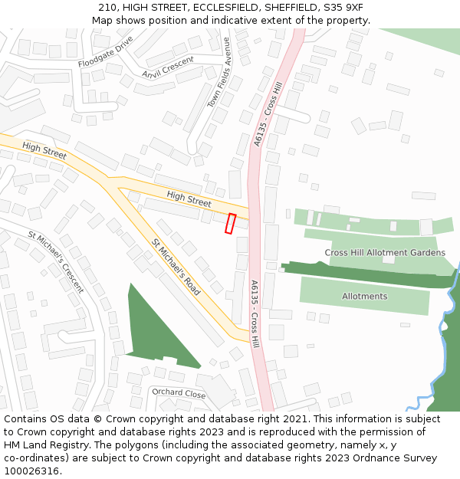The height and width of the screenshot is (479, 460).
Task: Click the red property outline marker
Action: point(230,223)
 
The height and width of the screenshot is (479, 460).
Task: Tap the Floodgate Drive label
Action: point(105,51)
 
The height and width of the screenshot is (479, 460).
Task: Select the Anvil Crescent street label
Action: point(168,67)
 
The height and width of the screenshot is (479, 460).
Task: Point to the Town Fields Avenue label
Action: point(219,73)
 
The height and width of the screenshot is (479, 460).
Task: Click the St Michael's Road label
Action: point(176,267)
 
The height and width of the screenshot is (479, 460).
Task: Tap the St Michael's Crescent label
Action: point(56,262)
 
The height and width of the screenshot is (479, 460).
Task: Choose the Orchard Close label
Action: point(179,393)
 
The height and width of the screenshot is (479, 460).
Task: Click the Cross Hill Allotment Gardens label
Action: point(385,252)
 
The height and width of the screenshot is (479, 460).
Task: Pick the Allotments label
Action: point(365,296)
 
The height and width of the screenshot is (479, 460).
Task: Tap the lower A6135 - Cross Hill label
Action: point(255,314)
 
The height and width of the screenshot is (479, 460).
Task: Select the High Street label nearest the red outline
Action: point(189,199)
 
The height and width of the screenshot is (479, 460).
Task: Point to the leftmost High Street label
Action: point(44,150)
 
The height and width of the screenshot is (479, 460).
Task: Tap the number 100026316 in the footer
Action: point(32,471)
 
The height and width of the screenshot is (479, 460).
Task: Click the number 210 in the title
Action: point(107,8)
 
